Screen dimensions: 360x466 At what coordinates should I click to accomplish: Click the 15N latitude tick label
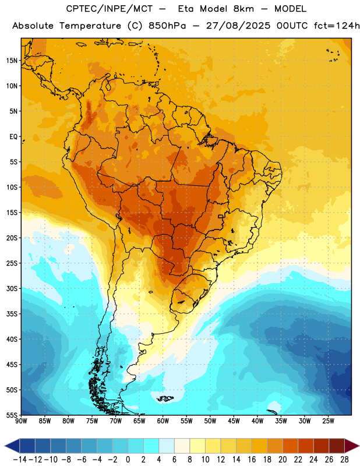point(12,61)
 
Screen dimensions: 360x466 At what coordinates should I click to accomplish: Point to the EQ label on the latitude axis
point(13,137)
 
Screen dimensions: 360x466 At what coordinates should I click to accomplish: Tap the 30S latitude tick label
point(12,288)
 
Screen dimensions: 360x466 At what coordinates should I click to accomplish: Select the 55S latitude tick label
point(12,415)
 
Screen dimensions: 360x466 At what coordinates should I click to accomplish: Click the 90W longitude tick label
point(21,421)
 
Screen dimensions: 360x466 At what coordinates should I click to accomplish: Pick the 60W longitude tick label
point(163,421)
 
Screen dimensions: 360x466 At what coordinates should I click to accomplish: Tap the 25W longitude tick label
point(328,421)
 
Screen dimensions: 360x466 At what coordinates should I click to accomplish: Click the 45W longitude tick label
point(234,421)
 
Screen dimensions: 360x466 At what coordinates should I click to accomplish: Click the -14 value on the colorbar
point(20,460)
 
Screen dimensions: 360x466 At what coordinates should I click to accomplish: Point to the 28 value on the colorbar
point(344,460)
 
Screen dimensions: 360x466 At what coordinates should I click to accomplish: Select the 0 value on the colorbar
point(128,460)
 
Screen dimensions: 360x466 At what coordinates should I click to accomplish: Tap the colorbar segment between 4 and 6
point(167,446)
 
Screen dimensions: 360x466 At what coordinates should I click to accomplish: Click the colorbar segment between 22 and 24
point(306,446)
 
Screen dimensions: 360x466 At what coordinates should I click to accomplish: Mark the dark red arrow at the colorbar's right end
point(351,446)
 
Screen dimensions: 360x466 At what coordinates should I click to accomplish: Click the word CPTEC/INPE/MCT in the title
point(109,9)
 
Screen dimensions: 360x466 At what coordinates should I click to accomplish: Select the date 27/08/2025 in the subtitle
point(238,26)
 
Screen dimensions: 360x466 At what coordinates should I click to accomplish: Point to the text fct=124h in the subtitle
point(337,26)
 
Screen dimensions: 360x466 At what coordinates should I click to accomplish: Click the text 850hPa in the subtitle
point(167,26)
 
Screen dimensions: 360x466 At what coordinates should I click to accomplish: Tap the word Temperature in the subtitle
point(90,26)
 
